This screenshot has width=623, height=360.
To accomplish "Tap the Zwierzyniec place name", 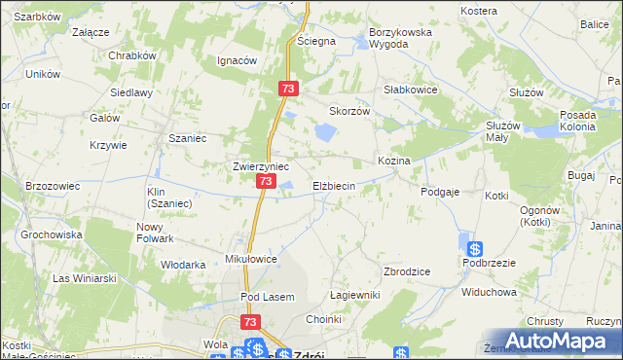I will pyautogui.click(x=258, y=165).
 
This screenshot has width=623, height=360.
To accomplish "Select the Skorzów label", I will pyautogui.click(x=351, y=111).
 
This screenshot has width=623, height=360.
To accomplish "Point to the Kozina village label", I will pyautogui.click(x=394, y=160).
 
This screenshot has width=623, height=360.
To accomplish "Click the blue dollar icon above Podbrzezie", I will pyautogui.click(x=474, y=248).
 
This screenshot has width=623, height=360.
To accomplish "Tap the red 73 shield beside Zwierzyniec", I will pyautogui.click(x=266, y=182).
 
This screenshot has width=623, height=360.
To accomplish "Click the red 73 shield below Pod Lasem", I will pyautogui.click(x=250, y=322).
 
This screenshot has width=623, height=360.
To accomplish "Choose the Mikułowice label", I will pyautogui.click(x=252, y=260).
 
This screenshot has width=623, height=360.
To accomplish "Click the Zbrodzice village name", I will pyautogui.click(x=407, y=271).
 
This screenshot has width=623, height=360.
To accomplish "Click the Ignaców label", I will pyautogui.click(x=237, y=59).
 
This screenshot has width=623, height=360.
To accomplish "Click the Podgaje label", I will pyautogui.click(x=440, y=193).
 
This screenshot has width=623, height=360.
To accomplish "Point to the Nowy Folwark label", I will pyautogui.click(x=155, y=233).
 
